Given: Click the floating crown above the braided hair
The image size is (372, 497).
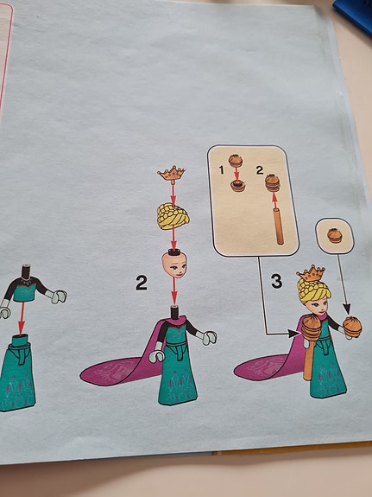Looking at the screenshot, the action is click(x=171, y=174).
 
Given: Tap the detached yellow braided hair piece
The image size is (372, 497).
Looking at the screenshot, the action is click(x=173, y=217).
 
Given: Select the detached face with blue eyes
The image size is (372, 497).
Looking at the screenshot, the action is click(x=174, y=265).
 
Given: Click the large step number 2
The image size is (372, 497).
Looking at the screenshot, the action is click(x=142, y=283).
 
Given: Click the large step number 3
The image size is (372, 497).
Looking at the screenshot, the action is click(x=277, y=281).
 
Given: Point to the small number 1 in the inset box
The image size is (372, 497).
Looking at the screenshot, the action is click(x=222, y=170).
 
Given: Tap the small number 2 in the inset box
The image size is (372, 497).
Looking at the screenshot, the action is click(x=260, y=170).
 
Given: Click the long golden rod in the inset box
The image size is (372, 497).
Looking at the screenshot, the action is click(x=278, y=226).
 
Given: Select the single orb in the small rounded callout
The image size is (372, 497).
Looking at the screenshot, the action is click(x=335, y=236).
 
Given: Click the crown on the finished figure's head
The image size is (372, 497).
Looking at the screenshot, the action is click(x=312, y=273).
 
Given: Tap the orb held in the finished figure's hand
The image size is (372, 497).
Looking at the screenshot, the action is click(x=352, y=327).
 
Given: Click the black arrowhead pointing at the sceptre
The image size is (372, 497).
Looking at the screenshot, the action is click(x=293, y=334).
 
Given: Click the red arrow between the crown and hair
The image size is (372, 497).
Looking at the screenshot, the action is click(x=173, y=194).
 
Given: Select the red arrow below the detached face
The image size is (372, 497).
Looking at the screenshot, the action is click(x=173, y=291).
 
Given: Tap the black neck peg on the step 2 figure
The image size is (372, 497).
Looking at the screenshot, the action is click(x=174, y=312).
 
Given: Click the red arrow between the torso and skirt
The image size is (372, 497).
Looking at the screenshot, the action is click(x=22, y=318).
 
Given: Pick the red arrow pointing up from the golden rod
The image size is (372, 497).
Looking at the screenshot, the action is click(x=274, y=201).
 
